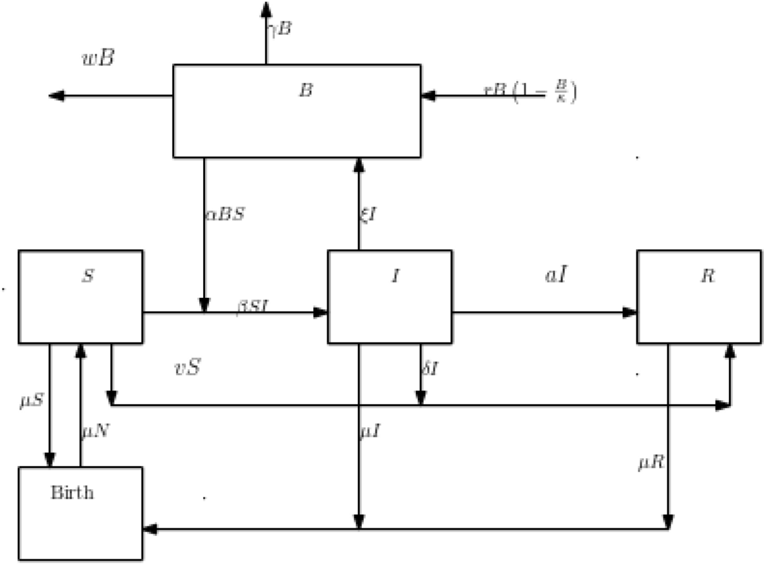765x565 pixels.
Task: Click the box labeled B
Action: [296, 111]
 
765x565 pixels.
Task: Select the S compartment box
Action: [80, 297]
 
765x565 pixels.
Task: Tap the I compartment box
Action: [390, 297]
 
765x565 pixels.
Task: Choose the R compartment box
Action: [698, 297]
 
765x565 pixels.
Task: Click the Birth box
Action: [80, 513]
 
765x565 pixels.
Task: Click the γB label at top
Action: [280, 29]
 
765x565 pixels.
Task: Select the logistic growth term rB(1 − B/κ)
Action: [530, 92]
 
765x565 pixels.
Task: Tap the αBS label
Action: [224, 214]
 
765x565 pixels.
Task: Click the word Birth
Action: [71, 493]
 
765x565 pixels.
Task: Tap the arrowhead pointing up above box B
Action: [265, 8]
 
